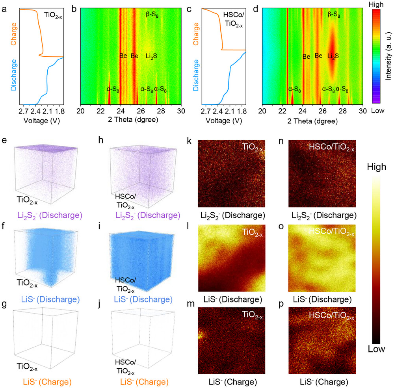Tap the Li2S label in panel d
(x=334, y=56)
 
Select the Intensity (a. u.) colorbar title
(x=387, y=59)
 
